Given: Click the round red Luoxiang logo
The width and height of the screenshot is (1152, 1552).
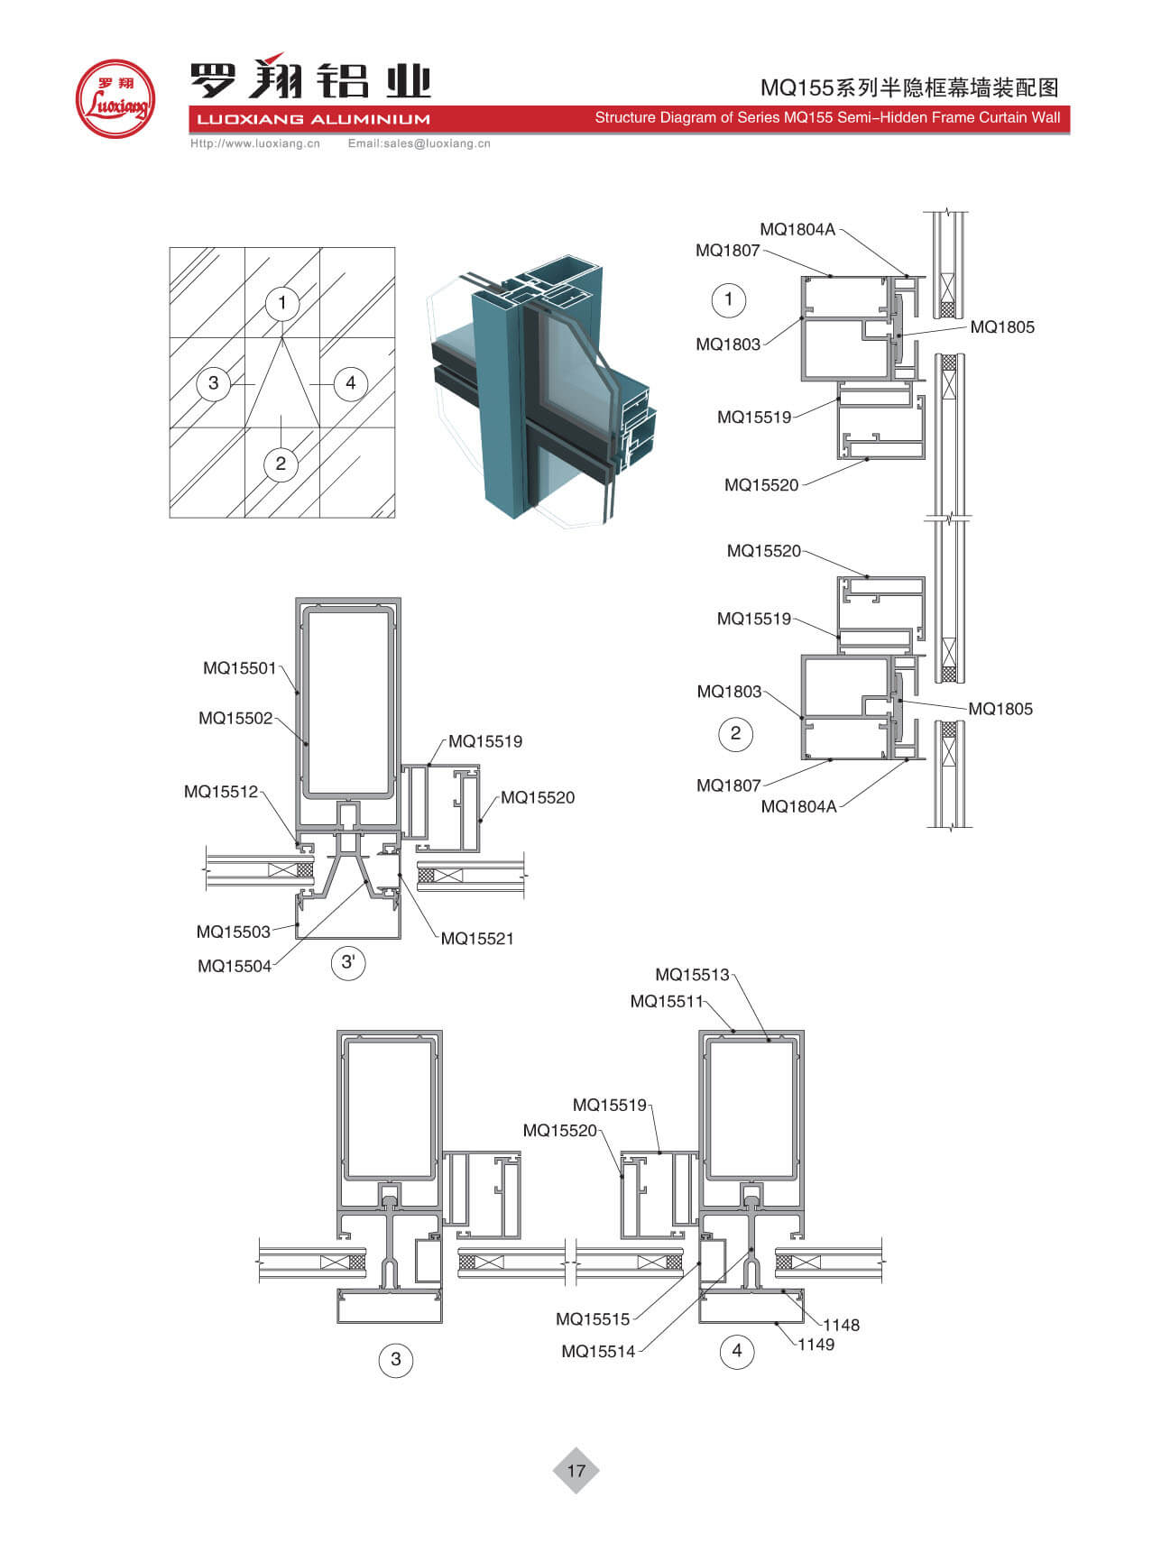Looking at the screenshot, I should [x=115, y=98].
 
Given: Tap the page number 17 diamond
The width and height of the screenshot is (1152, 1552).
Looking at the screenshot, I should [x=576, y=1470].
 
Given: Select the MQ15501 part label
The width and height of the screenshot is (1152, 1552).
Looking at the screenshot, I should [x=239, y=668].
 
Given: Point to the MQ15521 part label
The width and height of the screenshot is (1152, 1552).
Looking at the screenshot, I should [x=477, y=939].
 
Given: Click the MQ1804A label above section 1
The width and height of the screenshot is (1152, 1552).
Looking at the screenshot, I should [x=797, y=229].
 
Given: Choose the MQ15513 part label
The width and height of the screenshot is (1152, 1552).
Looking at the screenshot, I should [x=692, y=975].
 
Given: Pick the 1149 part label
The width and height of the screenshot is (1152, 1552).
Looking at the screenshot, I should [x=816, y=1345].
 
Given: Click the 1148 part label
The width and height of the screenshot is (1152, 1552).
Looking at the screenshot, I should [x=841, y=1325].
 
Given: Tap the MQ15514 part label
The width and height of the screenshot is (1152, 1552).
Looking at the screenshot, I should [x=598, y=1351].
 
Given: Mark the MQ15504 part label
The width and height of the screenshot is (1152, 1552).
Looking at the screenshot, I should [x=235, y=967].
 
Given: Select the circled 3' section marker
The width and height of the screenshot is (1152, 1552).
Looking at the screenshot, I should [x=348, y=962].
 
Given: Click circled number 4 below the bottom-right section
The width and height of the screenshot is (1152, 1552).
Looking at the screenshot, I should [x=737, y=1351].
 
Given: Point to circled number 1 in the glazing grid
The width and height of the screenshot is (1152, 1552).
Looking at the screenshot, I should [x=282, y=303].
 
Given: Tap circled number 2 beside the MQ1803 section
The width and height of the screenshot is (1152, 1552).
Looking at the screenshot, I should [x=735, y=733].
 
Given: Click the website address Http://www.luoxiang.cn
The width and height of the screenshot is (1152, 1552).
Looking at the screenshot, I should [x=255, y=143].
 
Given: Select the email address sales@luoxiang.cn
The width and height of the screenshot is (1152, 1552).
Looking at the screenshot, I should [x=419, y=143].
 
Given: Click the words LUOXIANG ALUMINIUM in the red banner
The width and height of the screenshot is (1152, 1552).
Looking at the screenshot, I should [x=313, y=119].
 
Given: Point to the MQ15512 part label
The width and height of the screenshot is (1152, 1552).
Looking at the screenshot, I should [x=221, y=792].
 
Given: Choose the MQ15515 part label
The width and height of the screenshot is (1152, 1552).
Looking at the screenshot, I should [x=593, y=1319].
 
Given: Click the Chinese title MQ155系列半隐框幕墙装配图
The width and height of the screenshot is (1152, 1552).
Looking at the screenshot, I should [x=909, y=87].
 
